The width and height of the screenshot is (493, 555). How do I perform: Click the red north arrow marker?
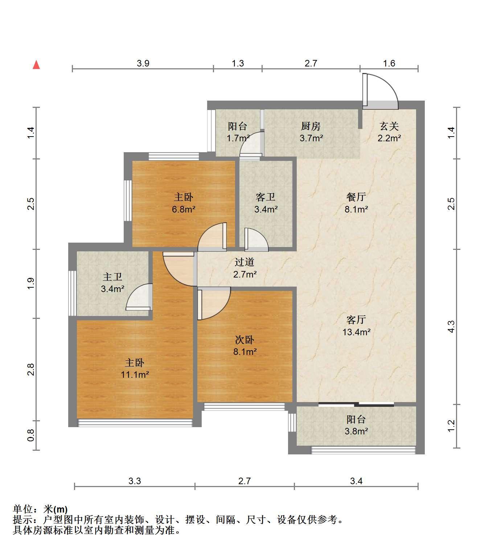[36, 65]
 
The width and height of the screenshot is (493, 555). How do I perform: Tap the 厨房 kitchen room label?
[311, 126]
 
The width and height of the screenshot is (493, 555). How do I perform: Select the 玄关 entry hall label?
[389, 126]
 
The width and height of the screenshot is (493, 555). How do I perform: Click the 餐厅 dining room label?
[356, 197]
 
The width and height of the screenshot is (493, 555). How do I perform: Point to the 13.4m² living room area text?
[357, 332]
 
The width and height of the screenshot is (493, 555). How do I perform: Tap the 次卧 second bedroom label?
[245, 340]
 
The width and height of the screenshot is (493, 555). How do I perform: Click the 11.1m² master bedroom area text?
[135, 374]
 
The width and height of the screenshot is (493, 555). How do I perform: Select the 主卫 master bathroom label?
[112, 277]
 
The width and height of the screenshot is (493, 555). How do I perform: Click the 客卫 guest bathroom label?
[266, 197]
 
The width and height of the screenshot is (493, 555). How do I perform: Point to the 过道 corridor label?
[245, 262]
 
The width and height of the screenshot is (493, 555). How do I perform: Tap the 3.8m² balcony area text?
[356, 432]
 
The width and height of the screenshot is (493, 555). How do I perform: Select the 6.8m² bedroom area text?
[184, 209]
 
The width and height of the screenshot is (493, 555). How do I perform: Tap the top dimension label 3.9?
[143, 64]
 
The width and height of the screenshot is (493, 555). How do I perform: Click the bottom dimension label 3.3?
[135, 481]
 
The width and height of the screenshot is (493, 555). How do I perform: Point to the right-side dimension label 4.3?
[451, 327]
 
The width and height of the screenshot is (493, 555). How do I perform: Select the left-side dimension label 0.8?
[30, 435]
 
